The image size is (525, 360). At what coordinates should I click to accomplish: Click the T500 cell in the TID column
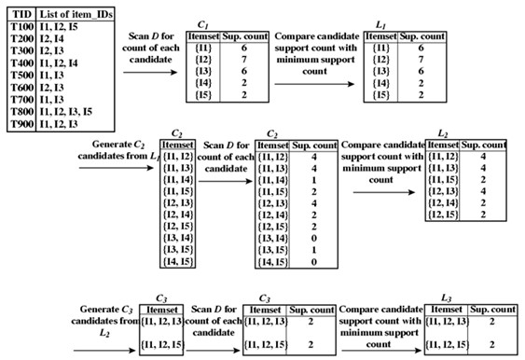22,75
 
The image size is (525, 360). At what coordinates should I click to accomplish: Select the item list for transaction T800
66,112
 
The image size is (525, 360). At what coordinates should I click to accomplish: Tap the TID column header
22,14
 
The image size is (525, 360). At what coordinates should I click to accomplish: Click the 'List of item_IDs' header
76,14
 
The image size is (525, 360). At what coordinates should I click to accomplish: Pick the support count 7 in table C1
244,60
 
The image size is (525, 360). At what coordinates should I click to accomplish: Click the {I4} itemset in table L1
381,83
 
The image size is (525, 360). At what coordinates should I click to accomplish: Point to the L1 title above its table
380,25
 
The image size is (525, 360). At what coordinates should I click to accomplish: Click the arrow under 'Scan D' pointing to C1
150,73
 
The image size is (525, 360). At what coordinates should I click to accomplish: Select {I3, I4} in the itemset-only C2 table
178,238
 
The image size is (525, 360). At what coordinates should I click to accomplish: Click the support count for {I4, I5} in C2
313,262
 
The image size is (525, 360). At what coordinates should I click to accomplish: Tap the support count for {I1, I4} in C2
313,180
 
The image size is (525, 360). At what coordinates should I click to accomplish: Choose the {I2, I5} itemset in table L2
443,215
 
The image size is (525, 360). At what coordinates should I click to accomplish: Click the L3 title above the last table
447,298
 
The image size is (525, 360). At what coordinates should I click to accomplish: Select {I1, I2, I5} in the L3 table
448,344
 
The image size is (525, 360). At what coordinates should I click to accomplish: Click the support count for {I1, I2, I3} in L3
491,322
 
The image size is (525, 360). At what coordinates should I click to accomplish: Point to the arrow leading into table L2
384,192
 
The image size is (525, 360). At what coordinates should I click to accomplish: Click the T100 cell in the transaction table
22,26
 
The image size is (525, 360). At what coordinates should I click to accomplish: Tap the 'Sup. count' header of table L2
484,145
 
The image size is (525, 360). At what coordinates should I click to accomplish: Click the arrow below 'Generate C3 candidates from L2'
104,351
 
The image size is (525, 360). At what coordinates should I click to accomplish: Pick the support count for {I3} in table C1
244,71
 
